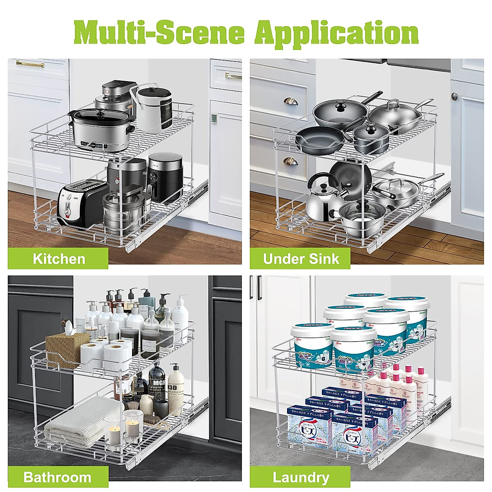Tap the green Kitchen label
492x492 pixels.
[59, 259]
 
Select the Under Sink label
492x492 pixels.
[301, 259]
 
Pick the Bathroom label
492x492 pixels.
[57, 477]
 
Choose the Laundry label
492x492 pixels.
[301, 477]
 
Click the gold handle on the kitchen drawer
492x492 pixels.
[30, 64]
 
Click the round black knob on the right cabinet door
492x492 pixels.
[454, 96]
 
